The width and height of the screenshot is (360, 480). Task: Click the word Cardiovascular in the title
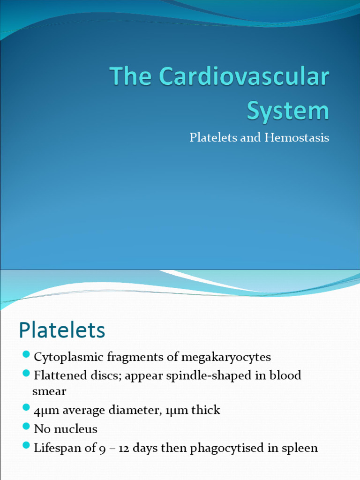(244, 77)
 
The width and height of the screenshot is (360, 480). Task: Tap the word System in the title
(288, 111)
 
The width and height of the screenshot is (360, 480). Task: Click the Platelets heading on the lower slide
(62, 330)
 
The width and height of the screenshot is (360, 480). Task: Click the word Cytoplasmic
(69, 357)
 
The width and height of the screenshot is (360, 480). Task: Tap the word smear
(49, 391)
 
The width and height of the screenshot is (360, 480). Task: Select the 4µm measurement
(45, 411)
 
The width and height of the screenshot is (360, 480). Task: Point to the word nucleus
(75, 429)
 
